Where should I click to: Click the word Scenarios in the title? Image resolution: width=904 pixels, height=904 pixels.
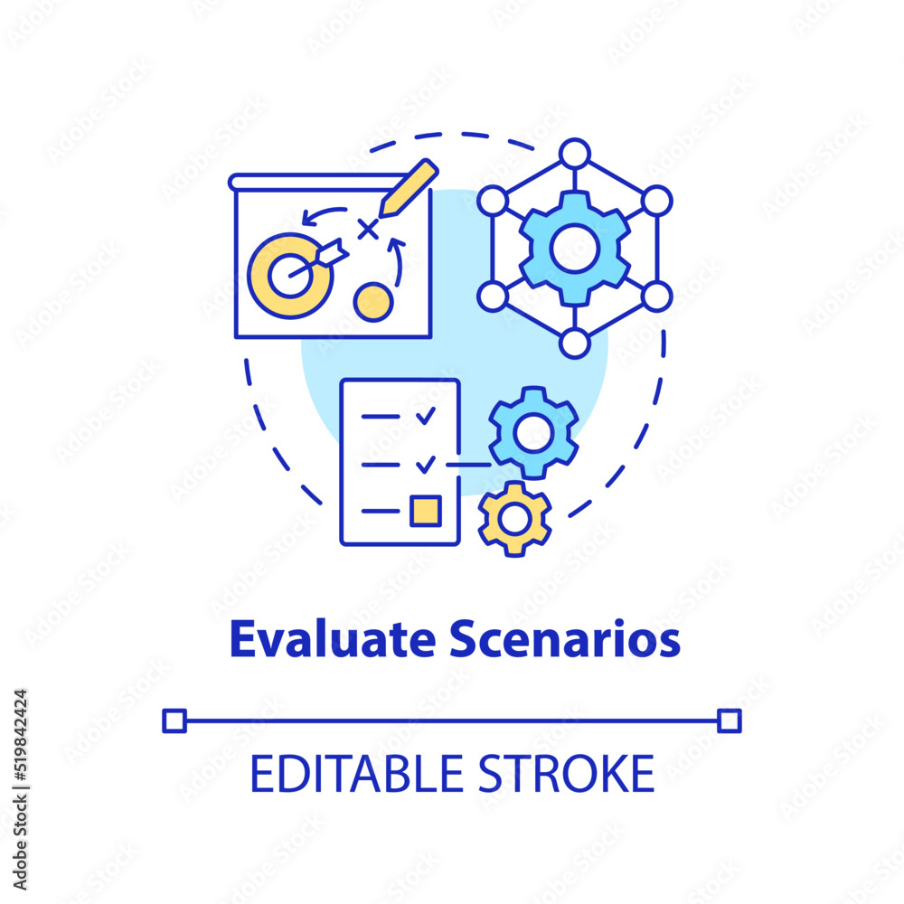coord(564,640)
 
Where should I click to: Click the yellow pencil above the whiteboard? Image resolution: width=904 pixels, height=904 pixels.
coord(408,189)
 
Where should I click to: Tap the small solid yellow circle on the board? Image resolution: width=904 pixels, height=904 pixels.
coord(372,301)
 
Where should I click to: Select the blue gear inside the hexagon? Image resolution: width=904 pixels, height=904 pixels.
coord(575,248)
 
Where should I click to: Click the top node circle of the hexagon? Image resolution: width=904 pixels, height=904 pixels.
coord(574,154)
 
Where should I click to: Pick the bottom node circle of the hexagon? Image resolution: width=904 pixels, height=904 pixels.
coord(574,344)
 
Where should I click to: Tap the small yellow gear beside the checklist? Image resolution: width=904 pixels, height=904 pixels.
coord(514,518)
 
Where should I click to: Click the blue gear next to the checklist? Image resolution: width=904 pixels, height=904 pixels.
coord(533,432)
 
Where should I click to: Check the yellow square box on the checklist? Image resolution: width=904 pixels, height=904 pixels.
coord(425,511)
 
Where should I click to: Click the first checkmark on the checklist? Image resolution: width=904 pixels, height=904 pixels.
coord(425,416)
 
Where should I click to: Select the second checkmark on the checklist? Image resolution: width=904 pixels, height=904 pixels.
coord(425,464)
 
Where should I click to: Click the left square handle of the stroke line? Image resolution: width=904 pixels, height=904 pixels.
coord(174,720)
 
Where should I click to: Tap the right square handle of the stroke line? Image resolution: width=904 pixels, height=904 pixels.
coord(729,720)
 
